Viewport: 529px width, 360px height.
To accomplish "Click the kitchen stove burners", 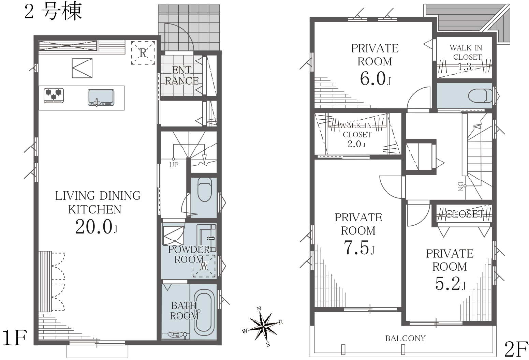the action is pos(54,95).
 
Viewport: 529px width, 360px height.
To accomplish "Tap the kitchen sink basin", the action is pos(101,97).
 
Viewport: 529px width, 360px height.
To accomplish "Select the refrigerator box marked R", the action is pos(143,52).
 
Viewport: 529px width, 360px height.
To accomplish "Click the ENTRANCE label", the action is pos(182,76).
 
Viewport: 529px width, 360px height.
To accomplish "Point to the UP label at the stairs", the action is pos(174,165).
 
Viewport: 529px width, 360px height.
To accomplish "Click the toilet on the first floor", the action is pos(205,189).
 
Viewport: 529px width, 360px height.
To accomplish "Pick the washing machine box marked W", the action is pos(204,266).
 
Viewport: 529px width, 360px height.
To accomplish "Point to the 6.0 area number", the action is pos(375,79).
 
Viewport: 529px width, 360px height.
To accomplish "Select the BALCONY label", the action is pos(405,338).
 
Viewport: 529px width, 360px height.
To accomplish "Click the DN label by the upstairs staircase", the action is pos(460,186).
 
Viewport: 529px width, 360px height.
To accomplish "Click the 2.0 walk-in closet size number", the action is pos(356,144).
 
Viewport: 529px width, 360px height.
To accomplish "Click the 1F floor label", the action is pos(14,337).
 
